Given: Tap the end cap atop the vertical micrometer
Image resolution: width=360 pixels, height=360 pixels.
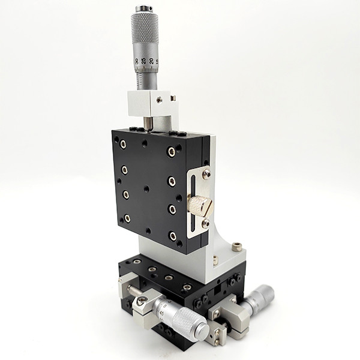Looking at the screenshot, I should (144, 9).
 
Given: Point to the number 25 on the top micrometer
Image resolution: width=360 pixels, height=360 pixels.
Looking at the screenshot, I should (144, 61).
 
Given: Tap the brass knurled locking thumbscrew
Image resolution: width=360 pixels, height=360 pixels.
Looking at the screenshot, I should (200, 206).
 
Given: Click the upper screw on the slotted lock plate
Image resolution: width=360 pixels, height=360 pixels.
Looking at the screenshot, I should (206, 174).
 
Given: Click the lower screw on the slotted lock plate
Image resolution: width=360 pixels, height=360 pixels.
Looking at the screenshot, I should (205, 223).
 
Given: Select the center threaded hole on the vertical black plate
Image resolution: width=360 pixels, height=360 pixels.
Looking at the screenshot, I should (146, 188).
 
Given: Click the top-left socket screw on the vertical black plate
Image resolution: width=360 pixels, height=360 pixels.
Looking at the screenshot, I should (122, 143).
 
